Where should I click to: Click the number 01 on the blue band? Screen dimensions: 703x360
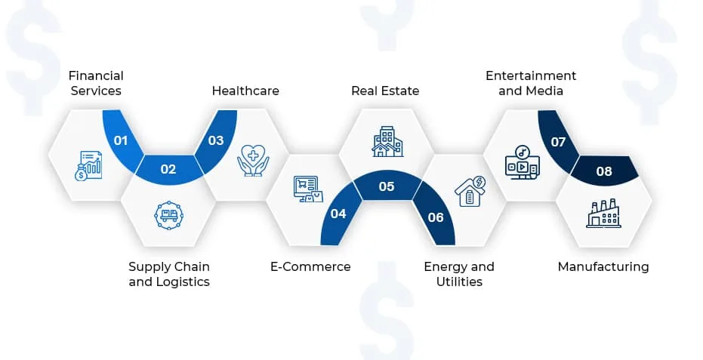[121, 140]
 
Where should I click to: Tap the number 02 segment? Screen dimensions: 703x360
[168, 169]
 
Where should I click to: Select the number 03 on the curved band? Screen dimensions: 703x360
[216, 140]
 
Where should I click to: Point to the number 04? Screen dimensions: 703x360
[338, 214]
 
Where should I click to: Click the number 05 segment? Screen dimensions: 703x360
[387, 186]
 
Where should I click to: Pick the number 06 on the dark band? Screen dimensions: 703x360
[436, 217]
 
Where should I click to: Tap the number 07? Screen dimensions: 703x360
[558, 142]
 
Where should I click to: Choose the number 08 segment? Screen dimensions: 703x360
[604, 171]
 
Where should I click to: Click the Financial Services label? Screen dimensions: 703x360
[96, 83]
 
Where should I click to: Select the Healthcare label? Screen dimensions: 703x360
[245, 91]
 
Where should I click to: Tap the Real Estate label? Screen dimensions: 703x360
[385, 91]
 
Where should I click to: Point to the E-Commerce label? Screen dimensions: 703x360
[310, 266]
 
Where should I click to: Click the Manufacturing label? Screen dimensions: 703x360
[603, 266]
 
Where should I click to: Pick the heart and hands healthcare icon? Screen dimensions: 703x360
[253, 160]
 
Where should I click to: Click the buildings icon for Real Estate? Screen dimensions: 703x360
[387, 141]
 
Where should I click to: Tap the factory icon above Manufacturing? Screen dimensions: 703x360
[603, 214]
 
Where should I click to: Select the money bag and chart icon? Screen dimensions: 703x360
[88, 166]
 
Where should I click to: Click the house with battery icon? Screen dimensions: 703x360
[470, 191]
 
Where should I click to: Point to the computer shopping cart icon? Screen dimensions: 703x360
[308, 189]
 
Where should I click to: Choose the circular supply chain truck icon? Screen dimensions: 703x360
[168, 216]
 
